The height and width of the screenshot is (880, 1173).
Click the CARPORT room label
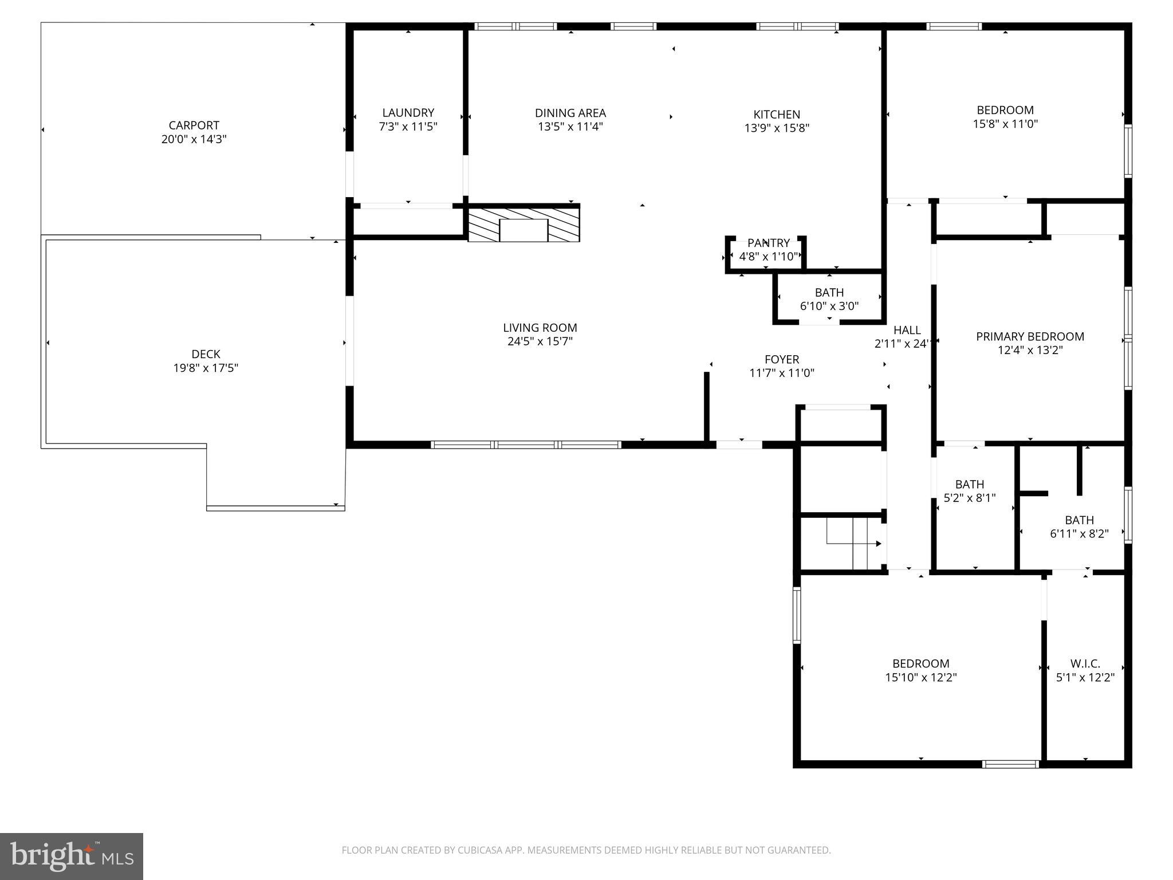point(194,125)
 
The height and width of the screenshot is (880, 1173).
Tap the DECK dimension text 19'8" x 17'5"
point(206,368)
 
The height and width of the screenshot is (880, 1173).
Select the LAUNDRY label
point(408,113)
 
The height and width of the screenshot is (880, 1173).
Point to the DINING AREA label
point(570,113)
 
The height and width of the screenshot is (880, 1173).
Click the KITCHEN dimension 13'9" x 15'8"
point(776,128)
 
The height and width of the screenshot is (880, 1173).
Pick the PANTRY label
point(768,243)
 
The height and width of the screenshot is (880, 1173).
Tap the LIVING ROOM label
point(540,328)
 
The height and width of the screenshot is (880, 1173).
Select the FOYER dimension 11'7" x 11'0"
point(781,374)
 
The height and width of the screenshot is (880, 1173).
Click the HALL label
point(907,330)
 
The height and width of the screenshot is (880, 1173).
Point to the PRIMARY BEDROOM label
point(1029,337)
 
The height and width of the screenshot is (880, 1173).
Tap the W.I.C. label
point(1085,663)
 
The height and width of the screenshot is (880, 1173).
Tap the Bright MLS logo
point(72,857)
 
